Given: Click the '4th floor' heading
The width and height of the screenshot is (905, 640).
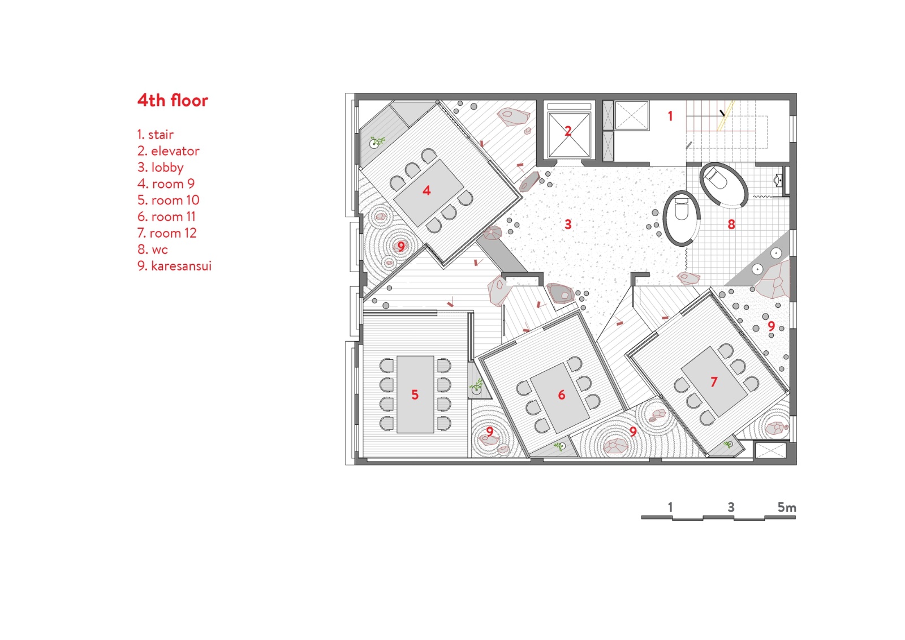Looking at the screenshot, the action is pyautogui.click(x=173, y=101).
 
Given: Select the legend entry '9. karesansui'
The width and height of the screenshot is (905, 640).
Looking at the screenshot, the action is pyautogui.click(x=174, y=266).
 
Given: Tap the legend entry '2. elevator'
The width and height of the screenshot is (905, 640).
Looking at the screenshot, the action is pyautogui.click(x=168, y=151).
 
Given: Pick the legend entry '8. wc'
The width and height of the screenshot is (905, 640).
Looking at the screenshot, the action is pyautogui.click(x=152, y=250).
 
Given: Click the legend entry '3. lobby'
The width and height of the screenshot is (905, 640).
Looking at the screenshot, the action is pyautogui.click(x=161, y=167).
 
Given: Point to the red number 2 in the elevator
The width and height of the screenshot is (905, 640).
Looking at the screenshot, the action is pyautogui.click(x=568, y=131).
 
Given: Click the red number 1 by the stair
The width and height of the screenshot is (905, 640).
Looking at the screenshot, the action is pyautogui.click(x=670, y=116).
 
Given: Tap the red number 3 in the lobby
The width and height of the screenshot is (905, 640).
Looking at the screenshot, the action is pyautogui.click(x=568, y=224).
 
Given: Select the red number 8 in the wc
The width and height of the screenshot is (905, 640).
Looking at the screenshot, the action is pyautogui.click(x=731, y=225).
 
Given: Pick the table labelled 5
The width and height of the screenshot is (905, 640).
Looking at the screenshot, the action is pyautogui.click(x=415, y=394).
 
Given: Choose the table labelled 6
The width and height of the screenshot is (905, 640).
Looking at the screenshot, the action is pyautogui.click(x=560, y=397).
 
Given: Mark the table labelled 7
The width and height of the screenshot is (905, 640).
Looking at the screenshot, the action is pyautogui.click(x=714, y=381).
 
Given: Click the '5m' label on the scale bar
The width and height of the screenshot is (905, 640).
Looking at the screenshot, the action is pyautogui.click(x=787, y=508).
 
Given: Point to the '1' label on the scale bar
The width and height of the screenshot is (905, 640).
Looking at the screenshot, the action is pyautogui.click(x=670, y=507).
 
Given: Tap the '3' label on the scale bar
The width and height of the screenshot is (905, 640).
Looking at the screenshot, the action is pyautogui.click(x=731, y=507).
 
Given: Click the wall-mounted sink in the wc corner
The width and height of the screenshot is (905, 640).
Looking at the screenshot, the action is pyautogui.click(x=778, y=180).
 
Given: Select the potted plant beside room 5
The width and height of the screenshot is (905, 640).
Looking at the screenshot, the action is pyautogui.click(x=476, y=387).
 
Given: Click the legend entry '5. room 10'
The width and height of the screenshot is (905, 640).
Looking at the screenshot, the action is pyautogui.click(x=168, y=200).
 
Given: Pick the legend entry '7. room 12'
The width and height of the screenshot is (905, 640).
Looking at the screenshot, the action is pyautogui.click(x=167, y=233).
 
